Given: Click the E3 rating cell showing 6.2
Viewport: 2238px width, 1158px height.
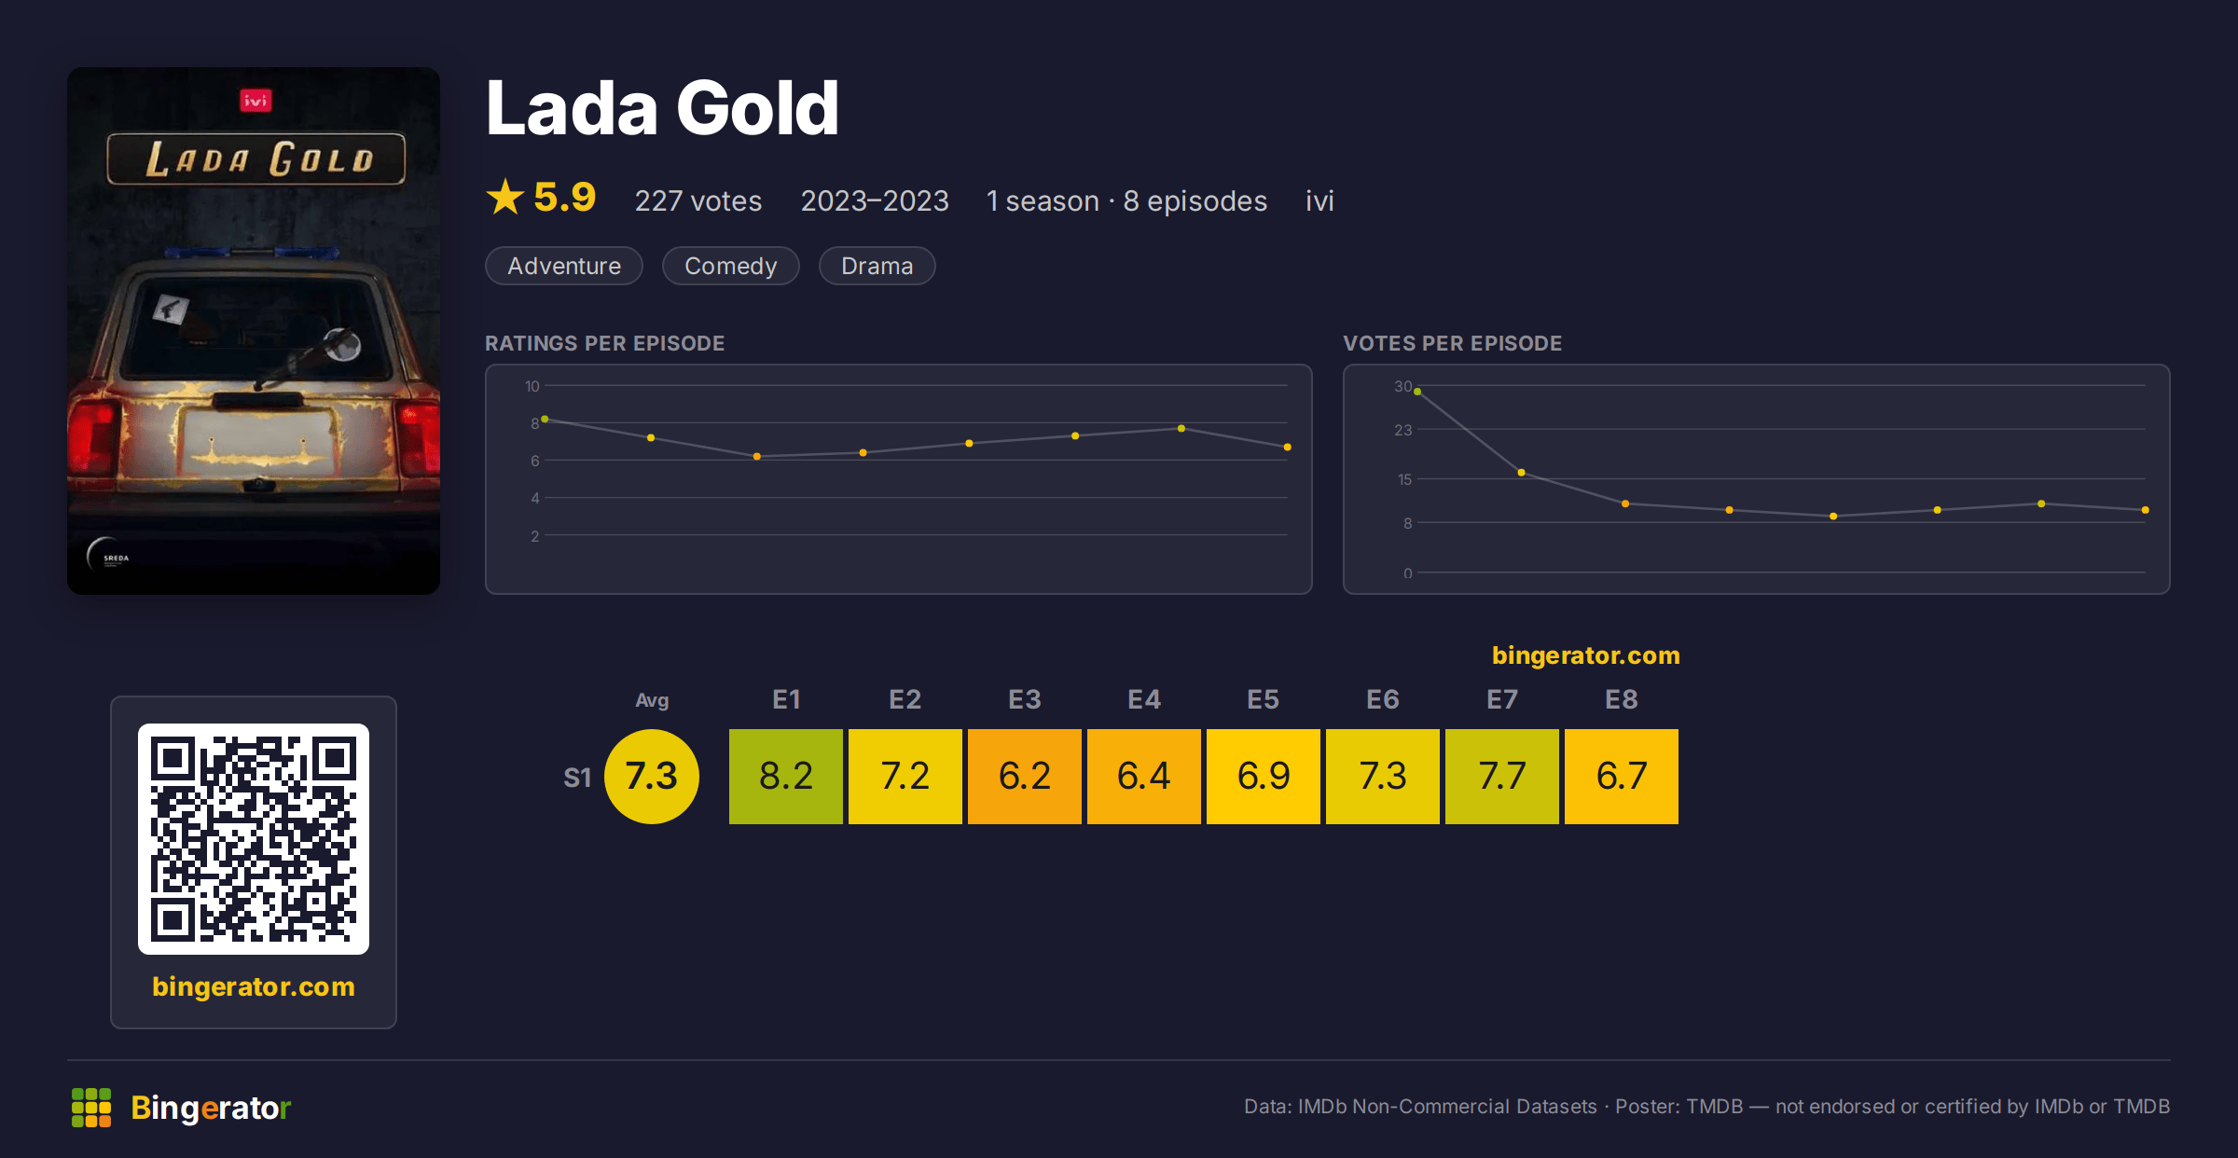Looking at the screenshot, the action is click(1024, 776).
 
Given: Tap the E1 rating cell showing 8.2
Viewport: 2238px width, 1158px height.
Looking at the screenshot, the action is click(785, 776).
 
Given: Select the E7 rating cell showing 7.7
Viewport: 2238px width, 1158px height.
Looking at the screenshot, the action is click(1501, 776).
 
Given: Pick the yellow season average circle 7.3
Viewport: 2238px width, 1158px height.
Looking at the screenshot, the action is click(652, 776).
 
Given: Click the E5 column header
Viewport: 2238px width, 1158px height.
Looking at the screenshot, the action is click(1263, 699).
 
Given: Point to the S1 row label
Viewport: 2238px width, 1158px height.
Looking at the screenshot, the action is click(577, 778).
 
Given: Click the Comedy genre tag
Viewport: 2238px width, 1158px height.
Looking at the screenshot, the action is click(730, 266).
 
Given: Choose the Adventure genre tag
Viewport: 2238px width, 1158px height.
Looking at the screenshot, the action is click(563, 266).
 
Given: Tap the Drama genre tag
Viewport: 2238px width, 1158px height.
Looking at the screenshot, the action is click(877, 266).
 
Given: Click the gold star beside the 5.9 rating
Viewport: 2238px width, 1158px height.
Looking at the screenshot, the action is click(505, 197).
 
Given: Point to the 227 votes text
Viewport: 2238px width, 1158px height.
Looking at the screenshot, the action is click(698, 200).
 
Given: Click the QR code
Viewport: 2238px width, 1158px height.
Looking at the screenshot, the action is click(254, 839).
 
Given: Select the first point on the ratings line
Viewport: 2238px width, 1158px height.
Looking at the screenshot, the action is click(545, 420).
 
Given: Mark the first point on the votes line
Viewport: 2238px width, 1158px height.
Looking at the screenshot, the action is click(1417, 392).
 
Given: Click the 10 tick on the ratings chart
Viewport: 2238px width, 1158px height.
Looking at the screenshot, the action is click(532, 386).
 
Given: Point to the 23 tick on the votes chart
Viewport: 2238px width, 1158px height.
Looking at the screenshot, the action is click(1402, 430).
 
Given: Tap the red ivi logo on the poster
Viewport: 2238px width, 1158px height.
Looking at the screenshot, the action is click(256, 100).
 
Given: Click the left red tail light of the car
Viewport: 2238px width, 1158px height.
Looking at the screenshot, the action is click(93, 436).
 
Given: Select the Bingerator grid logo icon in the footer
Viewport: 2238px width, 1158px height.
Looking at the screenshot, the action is click(91, 1108).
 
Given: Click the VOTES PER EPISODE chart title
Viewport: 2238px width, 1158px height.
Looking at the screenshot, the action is click(1452, 343).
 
